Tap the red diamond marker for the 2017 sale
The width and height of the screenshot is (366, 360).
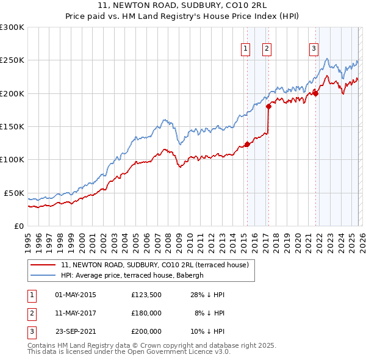pos(268,106)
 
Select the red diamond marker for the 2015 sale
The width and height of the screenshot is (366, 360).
pos(247,144)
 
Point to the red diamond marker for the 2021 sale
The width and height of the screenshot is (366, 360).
pos(316,93)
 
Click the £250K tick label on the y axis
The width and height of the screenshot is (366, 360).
pos(12,60)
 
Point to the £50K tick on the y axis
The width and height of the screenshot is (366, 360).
pos(14,193)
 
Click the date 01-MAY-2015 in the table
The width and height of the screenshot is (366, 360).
pos(76,295)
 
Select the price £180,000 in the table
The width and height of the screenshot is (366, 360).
pos(146,313)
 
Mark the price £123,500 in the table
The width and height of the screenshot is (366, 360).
pos(146,295)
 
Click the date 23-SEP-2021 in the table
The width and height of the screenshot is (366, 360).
pos(76,331)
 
